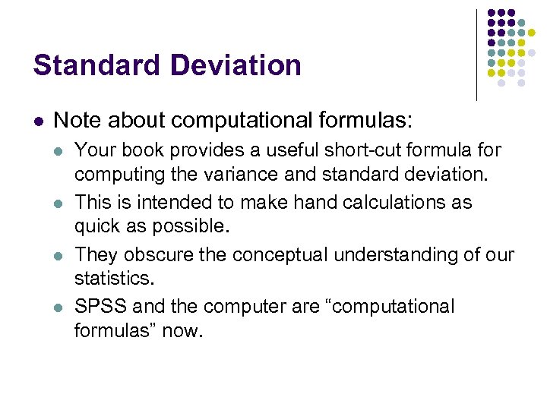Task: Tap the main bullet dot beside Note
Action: pos(40,121)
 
